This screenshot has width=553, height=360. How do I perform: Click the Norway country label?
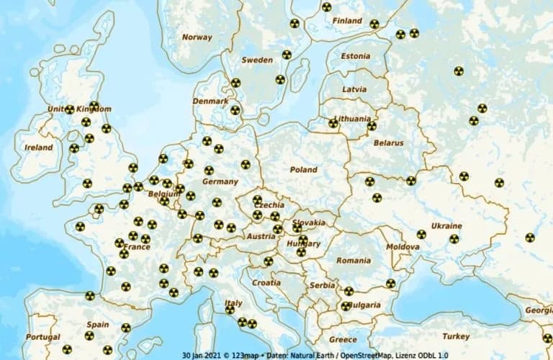(x=197, y=37)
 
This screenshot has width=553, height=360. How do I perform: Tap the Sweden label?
(x=257, y=60)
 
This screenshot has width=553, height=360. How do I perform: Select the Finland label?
(x=347, y=21)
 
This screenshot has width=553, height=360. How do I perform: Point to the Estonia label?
(x=356, y=55)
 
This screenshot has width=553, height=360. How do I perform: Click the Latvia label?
(x=354, y=89)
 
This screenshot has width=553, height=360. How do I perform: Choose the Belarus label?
(x=388, y=143)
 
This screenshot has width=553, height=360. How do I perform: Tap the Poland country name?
(x=303, y=169)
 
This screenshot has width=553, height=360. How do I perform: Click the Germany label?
(x=220, y=181)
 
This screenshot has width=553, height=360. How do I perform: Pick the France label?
(x=137, y=247)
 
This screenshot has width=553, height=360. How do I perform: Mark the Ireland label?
(x=39, y=148)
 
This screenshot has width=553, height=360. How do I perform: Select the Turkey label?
(x=456, y=336)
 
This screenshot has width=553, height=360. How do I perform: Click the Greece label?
(x=343, y=339)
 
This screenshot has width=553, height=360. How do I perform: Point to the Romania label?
(x=353, y=260)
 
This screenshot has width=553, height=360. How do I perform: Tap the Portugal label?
(x=42, y=337)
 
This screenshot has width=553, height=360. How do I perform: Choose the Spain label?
(x=97, y=325)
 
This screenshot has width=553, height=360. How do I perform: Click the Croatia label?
(x=266, y=283)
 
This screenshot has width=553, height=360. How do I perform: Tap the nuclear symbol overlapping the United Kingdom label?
(x=69, y=109)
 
